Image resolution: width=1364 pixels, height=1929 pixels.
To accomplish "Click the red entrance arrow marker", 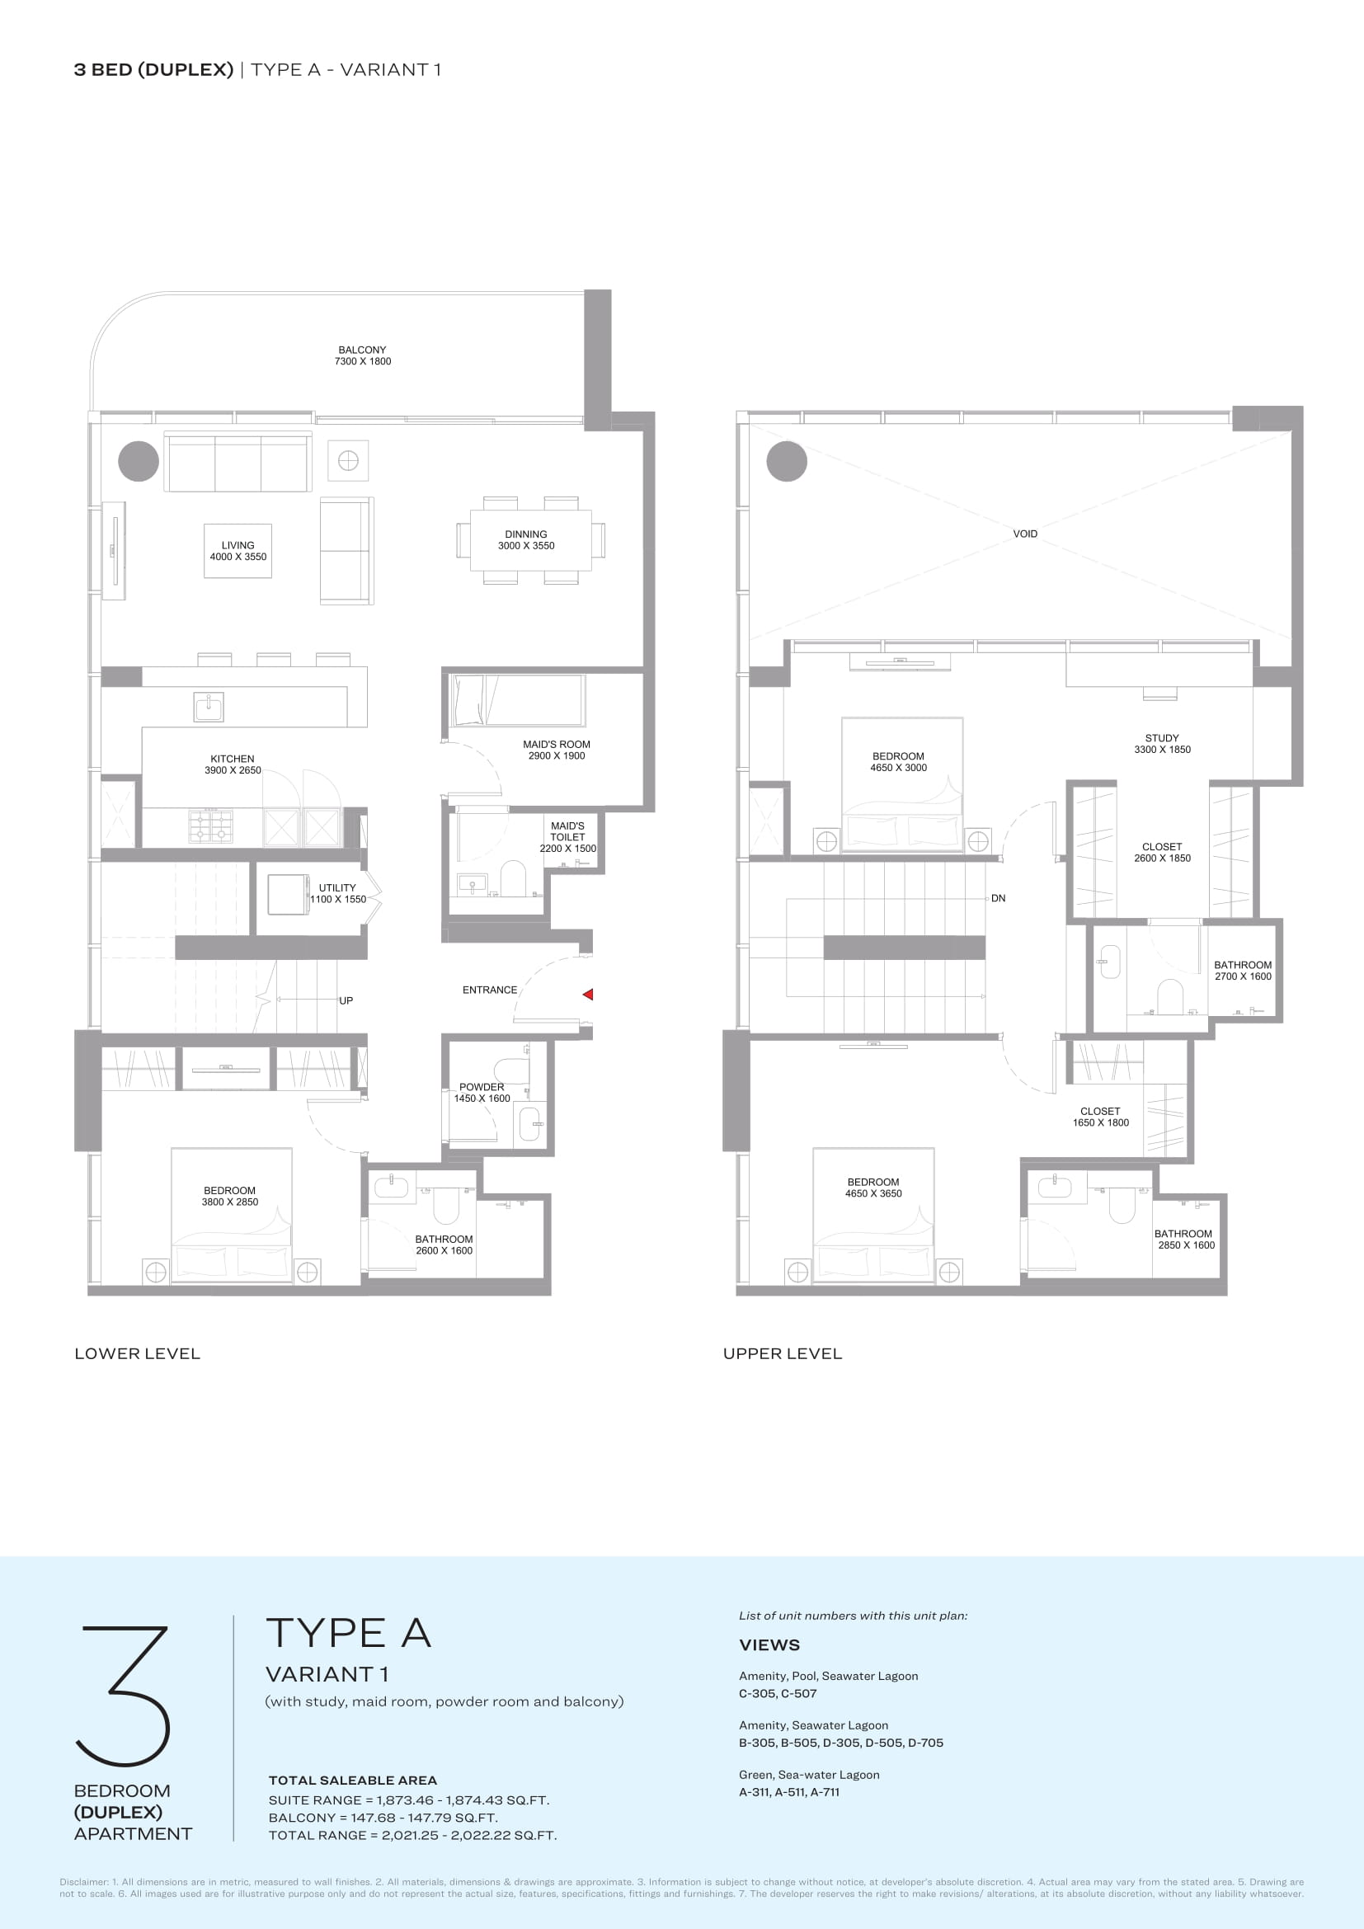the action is tap(588, 994).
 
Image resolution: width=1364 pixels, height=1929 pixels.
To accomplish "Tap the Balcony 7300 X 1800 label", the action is tap(363, 355).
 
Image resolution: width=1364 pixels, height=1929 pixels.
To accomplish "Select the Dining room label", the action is tap(526, 539).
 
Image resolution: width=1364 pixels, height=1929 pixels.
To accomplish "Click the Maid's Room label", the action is tap(556, 750).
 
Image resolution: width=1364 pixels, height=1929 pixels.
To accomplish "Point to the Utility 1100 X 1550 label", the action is tap(337, 893).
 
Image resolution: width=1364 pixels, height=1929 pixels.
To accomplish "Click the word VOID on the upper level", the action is tap(1025, 534).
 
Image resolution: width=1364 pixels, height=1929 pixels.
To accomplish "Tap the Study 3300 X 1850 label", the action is tap(1162, 744).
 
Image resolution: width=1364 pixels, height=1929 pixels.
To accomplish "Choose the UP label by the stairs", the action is tap(346, 1000).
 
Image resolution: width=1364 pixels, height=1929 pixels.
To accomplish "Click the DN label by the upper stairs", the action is tap(998, 898).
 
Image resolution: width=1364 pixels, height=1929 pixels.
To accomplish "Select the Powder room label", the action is tap(482, 1092).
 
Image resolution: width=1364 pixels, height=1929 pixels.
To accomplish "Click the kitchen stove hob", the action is tap(211, 825).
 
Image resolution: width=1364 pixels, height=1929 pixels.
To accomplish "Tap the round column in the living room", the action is tap(139, 461).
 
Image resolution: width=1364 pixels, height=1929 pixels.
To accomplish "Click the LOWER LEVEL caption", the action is tap(138, 1353).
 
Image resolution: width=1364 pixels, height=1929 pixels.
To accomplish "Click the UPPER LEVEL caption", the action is tap(783, 1353).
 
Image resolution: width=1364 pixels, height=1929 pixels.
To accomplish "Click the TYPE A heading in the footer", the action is tap(349, 1633).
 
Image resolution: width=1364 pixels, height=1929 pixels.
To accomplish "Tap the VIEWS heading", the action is tap(769, 1645).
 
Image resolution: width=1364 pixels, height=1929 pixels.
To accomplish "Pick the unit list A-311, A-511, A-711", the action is tap(789, 1792).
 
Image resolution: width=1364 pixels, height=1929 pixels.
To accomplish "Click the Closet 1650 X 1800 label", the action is tap(1100, 1117).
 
